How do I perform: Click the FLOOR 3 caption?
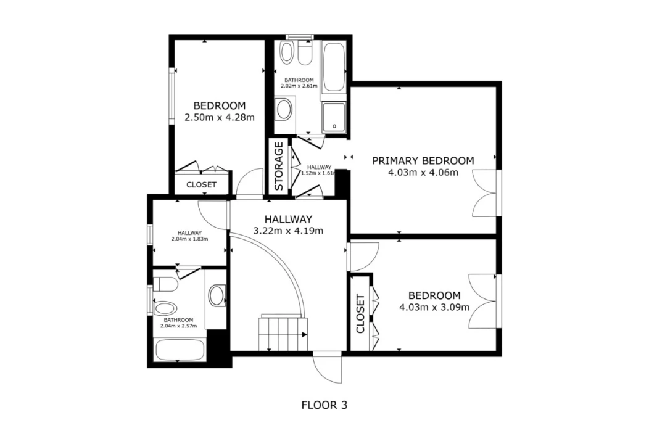click(x=324, y=405)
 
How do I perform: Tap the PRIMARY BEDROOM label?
click(x=423, y=160)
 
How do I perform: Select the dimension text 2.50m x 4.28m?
click(x=220, y=118)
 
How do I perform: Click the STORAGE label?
click(x=279, y=166)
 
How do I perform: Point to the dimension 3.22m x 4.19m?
click(x=288, y=231)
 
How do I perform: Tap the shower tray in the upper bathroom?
click(x=334, y=117)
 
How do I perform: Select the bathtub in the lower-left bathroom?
click(x=180, y=350)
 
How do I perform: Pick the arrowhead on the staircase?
click(x=305, y=335)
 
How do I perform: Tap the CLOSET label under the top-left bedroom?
click(x=201, y=184)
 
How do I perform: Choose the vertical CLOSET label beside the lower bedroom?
click(x=360, y=314)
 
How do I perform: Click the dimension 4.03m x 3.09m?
click(x=434, y=308)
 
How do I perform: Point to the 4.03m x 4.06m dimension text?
click(x=423, y=173)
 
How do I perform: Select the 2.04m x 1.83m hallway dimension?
click(x=189, y=239)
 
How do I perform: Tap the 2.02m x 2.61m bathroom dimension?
click(x=299, y=86)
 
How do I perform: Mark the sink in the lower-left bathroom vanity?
click(x=217, y=295)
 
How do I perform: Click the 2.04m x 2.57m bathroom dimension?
click(x=178, y=326)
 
